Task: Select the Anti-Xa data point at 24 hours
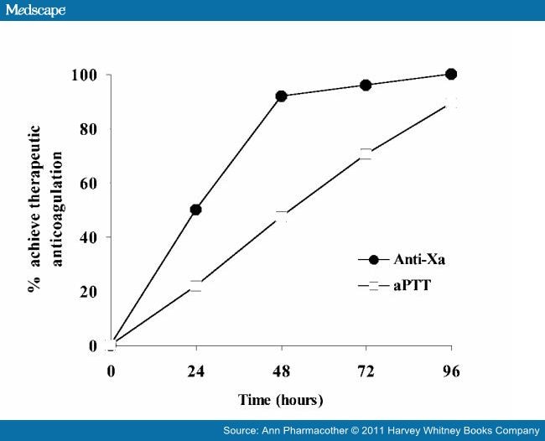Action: point(195,210)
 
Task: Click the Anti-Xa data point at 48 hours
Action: point(281,96)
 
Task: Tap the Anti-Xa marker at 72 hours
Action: point(366,85)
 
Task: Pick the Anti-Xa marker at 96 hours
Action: point(451,74)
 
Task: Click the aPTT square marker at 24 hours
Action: point(195,286)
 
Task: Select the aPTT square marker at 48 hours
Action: point(281,217)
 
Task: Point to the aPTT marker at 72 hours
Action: point(366,154)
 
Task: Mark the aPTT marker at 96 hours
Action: point(451,102)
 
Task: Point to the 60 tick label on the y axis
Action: point(89,184)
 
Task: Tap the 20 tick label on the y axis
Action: point(89,292)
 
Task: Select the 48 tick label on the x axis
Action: point(281,371)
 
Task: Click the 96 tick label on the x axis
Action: point(451,371)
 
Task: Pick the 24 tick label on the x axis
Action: point(195,371)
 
